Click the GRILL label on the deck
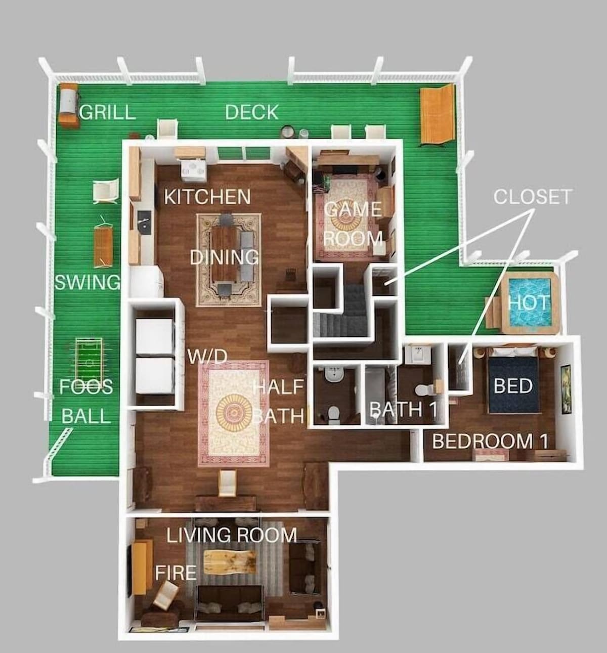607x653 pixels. tap(107, 112)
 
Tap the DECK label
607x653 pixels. tap(251, 112)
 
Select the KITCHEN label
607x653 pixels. tap(207, 197)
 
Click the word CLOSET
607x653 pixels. tap(532, 197)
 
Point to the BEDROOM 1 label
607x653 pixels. tap(490, 441)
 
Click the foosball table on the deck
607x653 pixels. tap(89, 360)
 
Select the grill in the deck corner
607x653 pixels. tap(69, 103)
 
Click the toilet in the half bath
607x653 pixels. tap(334, 413)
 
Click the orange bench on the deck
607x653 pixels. tap(437, 114)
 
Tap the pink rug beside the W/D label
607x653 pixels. tap(234, 414)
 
